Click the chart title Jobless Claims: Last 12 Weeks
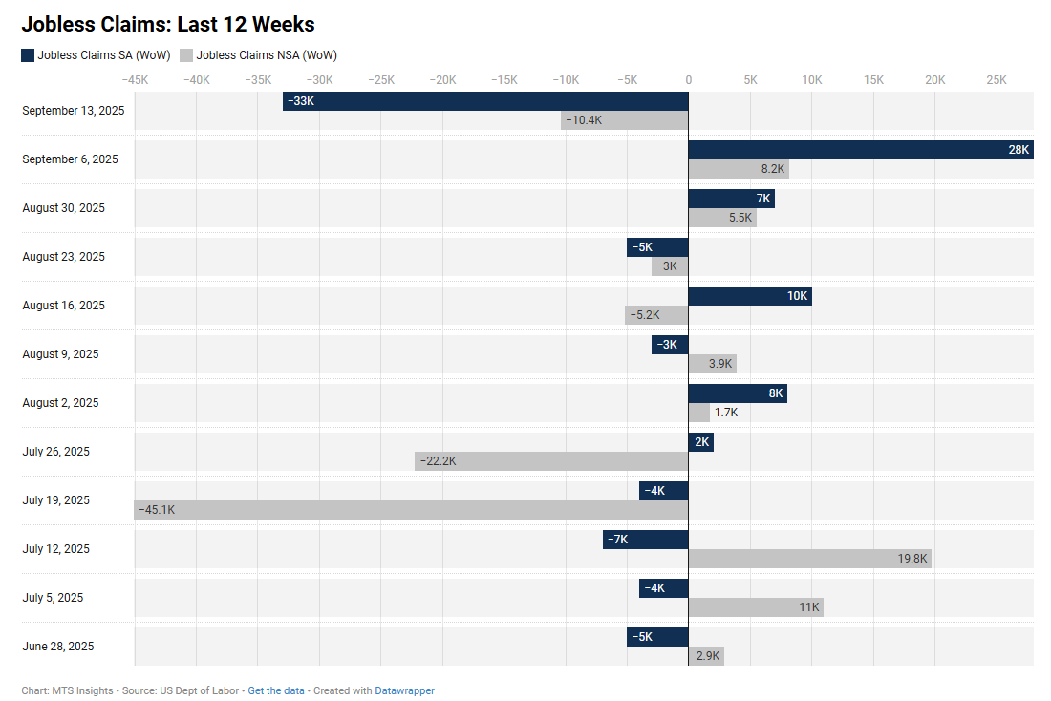tap(168, 25)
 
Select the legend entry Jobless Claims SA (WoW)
tap(96, 55)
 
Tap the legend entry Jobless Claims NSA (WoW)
tap(258, 55)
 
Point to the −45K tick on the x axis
tap(135, 80)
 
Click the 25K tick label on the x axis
tap(997, 80)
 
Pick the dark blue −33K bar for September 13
tap(485, 101)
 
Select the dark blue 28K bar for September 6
tap(860, 150)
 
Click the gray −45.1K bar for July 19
tap(411, 510)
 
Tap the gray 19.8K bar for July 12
tap(809, 559)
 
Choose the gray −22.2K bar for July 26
tap(551, 461)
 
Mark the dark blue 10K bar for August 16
tap(749, 296)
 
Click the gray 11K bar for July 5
tap(755, 607)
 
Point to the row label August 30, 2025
tap(64, 208)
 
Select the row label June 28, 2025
tap(58, 647)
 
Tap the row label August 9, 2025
tap(60, 354)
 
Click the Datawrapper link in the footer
tap(404, 690)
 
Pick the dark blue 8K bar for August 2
tap(737, 393)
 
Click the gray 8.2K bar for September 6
tap(739, 169)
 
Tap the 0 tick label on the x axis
tap(688, 80)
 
